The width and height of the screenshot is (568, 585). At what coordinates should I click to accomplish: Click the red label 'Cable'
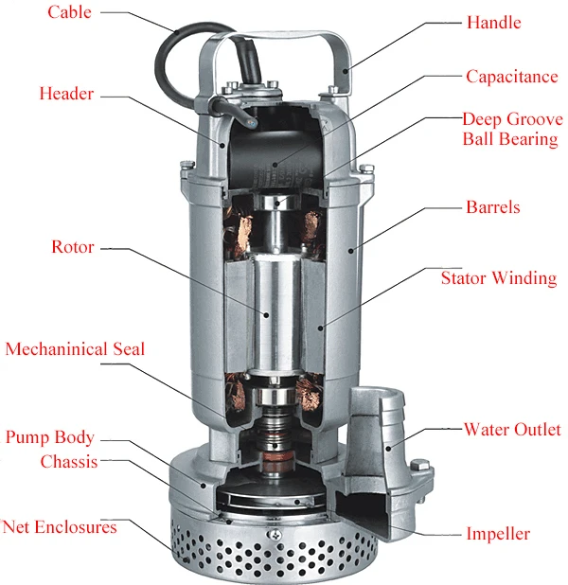tap(69, 12)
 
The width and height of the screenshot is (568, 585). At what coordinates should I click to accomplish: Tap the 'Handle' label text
tap(494, 23)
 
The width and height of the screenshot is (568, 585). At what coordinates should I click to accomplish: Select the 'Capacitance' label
tap(512, 77)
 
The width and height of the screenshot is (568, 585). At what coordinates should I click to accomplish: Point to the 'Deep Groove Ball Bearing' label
tap(512, 129)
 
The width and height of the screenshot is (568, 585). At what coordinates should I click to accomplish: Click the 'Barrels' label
tap(493, 207)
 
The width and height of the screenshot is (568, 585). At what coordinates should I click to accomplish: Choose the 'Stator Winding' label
tap(499, 278)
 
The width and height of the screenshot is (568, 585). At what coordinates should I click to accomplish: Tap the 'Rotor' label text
tap(73, 247)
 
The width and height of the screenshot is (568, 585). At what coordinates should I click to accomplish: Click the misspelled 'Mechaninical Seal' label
tap(75, 349)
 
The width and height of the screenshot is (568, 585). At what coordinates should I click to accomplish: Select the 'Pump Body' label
tap(50, 437)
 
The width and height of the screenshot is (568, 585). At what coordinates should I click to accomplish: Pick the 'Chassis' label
tap(69, 462)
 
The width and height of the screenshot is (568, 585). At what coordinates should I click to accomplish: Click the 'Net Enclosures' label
tap(60, 527)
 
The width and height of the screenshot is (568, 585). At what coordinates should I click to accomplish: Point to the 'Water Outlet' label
tap(512, 430)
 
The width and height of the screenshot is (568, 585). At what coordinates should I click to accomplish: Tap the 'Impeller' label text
tap(498, 534)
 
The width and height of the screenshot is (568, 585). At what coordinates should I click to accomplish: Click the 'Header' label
tap(66, 94)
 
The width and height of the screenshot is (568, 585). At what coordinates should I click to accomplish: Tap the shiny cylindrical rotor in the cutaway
tap(277, 312)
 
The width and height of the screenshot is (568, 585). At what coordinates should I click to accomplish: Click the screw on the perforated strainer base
tap(275, 535)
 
